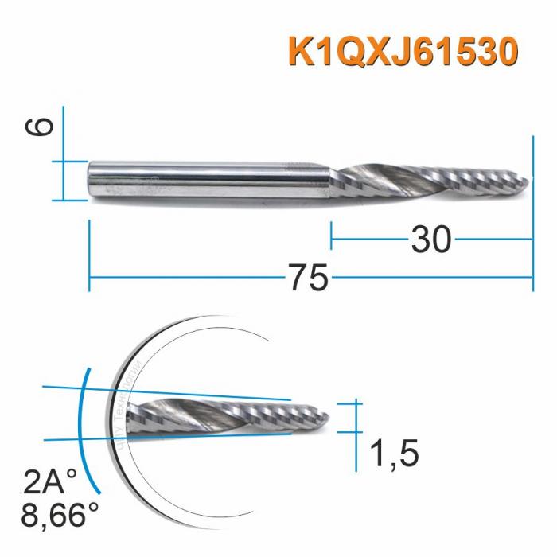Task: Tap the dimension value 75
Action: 308,278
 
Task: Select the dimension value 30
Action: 431,238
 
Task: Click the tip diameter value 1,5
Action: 395,454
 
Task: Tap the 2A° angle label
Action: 51,481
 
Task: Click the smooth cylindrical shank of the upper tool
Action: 207,181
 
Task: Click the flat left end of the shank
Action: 90,181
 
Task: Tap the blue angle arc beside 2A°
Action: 81,430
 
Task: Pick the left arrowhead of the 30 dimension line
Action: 334,238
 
